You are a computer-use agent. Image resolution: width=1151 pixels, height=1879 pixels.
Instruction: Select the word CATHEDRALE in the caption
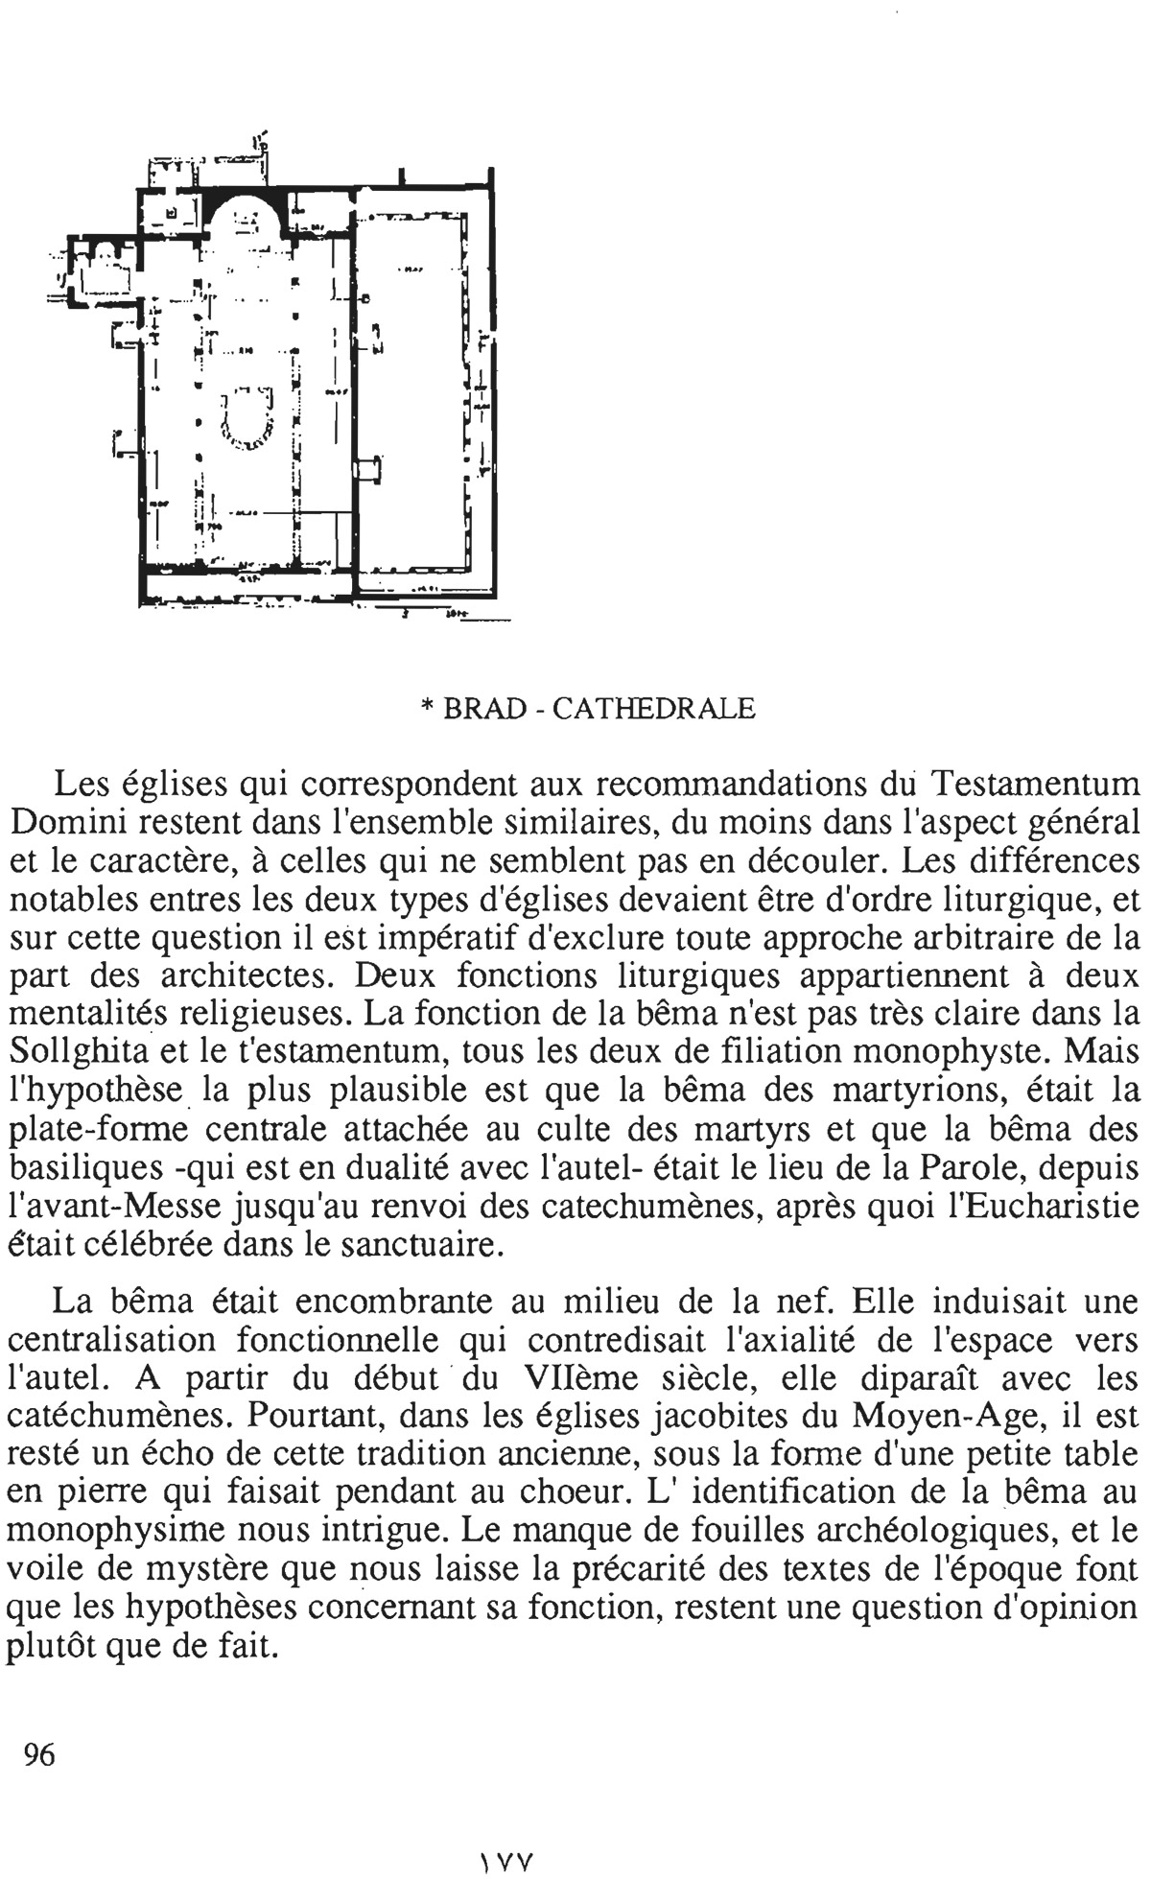[x=655, y=709]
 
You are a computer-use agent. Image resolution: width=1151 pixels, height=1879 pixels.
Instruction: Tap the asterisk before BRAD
[x=427, y=709]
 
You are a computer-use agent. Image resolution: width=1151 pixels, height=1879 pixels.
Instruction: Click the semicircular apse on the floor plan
[x=246, y=220]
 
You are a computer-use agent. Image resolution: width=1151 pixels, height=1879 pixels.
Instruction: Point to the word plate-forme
[x=99, y=1130]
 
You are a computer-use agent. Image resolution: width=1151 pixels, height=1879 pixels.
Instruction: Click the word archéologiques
[x=928, y=1532]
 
